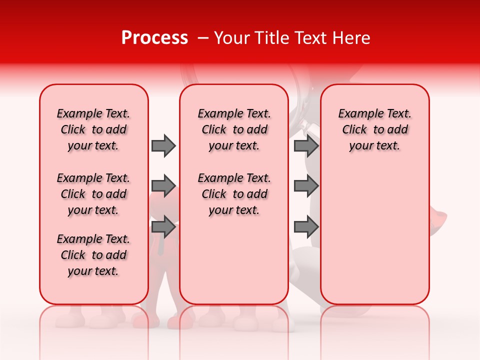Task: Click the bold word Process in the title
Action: point(154,38)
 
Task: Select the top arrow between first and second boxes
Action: point(163,145)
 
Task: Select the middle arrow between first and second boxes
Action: point(163,186)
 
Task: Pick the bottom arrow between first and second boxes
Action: point(163,227)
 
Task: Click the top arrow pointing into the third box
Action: point(306,145)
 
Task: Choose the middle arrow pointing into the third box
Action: point(306,186)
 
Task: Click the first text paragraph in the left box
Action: point(93,129)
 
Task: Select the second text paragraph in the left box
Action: point(93,194)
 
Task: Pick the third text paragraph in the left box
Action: point(93,255)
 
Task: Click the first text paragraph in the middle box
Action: point(234,129)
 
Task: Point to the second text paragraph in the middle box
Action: point(234,194)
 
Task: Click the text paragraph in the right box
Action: point(374,129)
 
